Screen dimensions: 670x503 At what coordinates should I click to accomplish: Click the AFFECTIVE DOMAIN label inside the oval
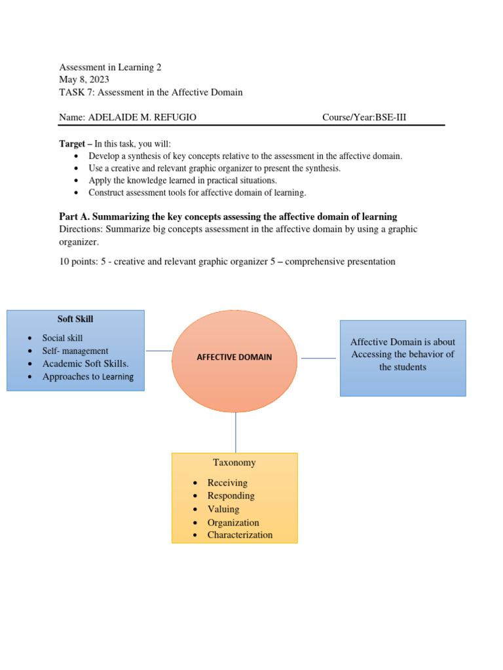[x=234, y=357]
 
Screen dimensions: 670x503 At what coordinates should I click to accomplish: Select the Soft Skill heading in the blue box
[x=75, y=319]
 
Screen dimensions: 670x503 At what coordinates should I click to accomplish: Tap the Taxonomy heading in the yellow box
[x=234, y=463]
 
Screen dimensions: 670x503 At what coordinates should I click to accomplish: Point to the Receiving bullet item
[x=227, y=483]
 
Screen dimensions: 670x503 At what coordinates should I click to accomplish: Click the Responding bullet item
[x=231, y=496]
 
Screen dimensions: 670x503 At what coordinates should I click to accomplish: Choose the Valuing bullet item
[x=223, y=509]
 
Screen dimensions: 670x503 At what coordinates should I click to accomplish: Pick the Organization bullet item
[x=233, y=522]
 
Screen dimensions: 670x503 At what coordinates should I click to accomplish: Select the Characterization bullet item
[x=240, y=535]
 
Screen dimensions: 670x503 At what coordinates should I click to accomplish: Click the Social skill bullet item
[x=62, y=338]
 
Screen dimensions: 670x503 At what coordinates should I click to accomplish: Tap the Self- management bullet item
[x=75, y=351]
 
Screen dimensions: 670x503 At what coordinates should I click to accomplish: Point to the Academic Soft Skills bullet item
[x=85, y=363]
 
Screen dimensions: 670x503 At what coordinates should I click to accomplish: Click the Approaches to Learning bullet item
[x=88, y=377]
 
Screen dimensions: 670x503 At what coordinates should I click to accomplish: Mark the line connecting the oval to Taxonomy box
[x=236, y=432]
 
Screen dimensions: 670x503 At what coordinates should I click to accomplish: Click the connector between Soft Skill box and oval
[x=158, y=351]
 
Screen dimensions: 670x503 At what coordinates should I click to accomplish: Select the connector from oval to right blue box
[x=318, y=358]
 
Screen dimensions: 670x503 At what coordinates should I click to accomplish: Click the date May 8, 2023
[x=84, y=80]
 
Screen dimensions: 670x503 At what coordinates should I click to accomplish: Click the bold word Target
[x=73, y=144]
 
